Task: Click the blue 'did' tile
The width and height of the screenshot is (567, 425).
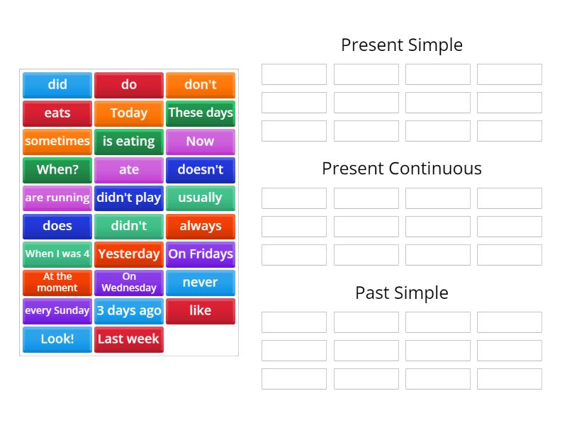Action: tap(57, 85)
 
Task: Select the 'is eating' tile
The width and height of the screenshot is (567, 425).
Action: tap(128, 142)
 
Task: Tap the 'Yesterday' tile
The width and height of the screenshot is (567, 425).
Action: tap(128, 254)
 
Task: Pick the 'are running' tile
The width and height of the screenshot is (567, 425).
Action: tap(57, 198)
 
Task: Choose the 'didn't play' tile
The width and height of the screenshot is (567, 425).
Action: tap(128, 198)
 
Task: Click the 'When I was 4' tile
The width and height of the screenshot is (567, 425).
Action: tap(57, 254)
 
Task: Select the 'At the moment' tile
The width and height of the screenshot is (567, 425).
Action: tap(57, 283)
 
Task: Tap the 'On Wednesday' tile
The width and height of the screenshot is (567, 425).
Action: tap(128, 283)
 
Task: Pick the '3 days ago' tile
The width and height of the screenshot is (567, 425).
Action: tap(128, 311)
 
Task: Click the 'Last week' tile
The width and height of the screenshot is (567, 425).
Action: tap(128, 339)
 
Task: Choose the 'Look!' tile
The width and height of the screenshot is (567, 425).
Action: tap(57, 339)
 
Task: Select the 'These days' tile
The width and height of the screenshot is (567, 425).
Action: tap(201, 113)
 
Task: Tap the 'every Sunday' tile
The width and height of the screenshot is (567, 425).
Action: tap(57, 311)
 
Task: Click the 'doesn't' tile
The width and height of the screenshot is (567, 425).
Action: tap(201, 170)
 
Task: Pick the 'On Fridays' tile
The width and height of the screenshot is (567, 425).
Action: tap(201, 254)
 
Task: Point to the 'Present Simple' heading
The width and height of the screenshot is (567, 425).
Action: tap(401, 45)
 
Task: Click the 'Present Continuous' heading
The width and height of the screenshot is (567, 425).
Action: tap(401, 169)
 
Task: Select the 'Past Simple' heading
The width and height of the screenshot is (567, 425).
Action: tap(401, 293)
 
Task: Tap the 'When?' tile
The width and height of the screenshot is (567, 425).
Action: tap(57, 170)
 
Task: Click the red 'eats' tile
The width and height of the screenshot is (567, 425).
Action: tap(57, 113)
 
